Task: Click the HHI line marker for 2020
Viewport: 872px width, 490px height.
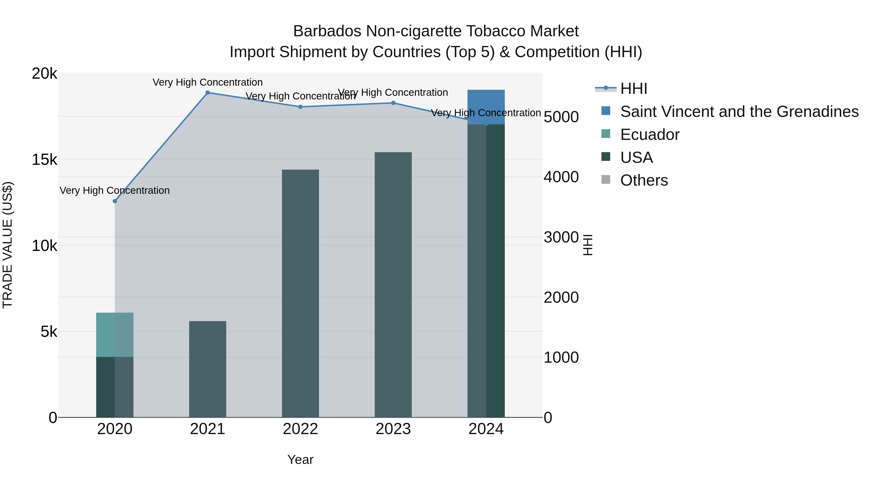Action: (x=115, y=201)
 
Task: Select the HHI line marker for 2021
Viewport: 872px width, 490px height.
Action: (x=208, y=93)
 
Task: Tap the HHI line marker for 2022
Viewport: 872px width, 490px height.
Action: (x=300, y=107)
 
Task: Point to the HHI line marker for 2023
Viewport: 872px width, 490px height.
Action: (x=393, y=103)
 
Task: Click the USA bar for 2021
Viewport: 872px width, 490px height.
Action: (x=208, y=369)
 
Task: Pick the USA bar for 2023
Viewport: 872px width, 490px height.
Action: (x=393, y=284)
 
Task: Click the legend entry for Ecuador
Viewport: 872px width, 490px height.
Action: (x=650, y=135)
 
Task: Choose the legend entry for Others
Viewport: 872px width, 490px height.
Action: (x=644, y=180)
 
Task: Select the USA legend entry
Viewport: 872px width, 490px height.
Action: (x=636, y=158)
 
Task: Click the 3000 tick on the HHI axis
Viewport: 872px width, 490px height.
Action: (x=561, y=237)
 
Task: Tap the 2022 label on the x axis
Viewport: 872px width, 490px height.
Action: (x=300, y=429)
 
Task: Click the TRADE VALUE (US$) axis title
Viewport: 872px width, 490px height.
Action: (x=8, y=245)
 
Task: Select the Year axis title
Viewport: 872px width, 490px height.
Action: (x=300, y=460)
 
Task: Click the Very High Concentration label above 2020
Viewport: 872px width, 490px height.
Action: (x=115, y=190)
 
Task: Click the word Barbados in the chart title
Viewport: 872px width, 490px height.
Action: (x=327, y=31)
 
